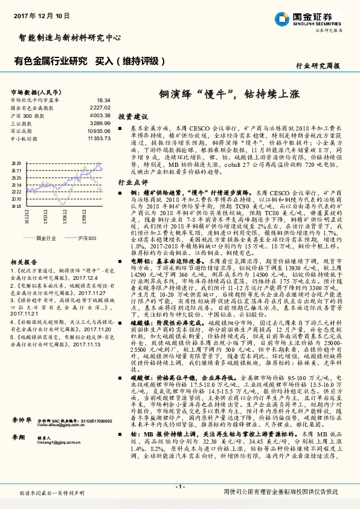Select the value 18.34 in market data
click(103, 100)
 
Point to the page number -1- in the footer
click(179, 486)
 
